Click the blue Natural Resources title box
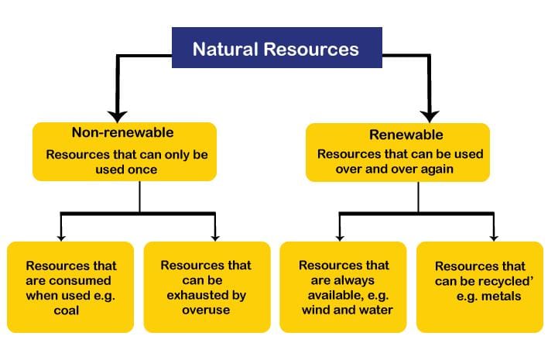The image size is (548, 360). pyautogui.click(x=277, y=47)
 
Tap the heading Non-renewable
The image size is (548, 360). pyautogui.click(x=122, y=132)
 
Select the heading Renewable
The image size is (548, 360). pyautogui.click(x=406, y=135)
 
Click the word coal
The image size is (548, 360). pyautogui.click(x=67, y=310)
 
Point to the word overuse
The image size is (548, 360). pyautogui.click(x=206, y=310)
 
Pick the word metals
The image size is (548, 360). pyautogui.click(x=501, y=297)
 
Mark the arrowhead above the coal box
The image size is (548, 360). pyautogui.click(x=61, y=238)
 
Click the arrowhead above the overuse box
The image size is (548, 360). pyautogui.click(x=215, y=238)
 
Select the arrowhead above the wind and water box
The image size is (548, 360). pyautogui.click(x=340, y=238)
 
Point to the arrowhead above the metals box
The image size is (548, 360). pyautogui.click(x=494, y=238)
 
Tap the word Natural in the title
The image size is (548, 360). pyautogui.click(x=225, y=49)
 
